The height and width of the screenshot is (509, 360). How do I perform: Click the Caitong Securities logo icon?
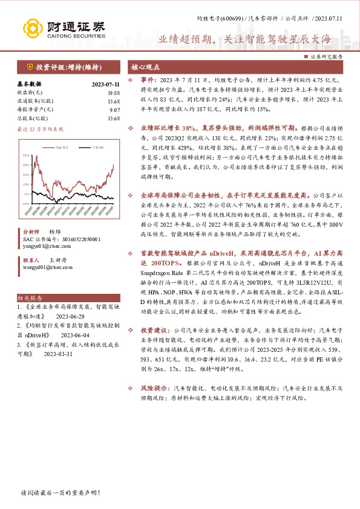33,28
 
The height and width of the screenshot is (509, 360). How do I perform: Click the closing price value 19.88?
113,92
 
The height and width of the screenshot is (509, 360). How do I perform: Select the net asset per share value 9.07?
114,109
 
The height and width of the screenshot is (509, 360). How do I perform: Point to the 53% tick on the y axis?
27,155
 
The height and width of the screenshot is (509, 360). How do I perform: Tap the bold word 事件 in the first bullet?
149,80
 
